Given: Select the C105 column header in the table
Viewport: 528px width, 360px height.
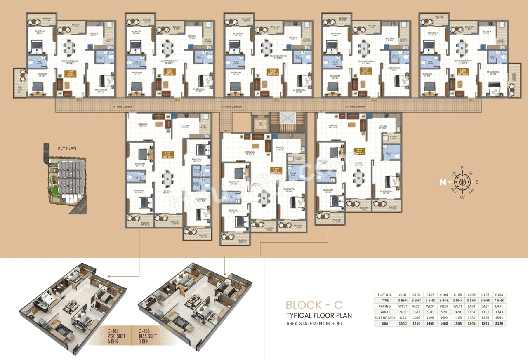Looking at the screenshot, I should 458,294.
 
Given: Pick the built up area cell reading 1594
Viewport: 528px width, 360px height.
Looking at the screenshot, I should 499,318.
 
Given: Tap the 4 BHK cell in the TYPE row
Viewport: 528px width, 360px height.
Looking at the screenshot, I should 499,300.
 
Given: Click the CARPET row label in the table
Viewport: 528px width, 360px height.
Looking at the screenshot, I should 385,312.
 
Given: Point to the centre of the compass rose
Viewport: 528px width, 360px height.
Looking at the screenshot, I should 462,182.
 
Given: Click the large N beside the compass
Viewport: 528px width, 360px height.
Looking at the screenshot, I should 442,182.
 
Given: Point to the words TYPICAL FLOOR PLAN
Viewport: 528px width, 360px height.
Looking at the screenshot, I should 319,316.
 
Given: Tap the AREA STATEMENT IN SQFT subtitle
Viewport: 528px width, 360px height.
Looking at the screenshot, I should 314,323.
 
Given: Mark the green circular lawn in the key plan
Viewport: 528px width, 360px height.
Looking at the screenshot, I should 54,191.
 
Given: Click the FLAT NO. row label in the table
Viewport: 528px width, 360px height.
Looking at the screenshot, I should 385,294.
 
